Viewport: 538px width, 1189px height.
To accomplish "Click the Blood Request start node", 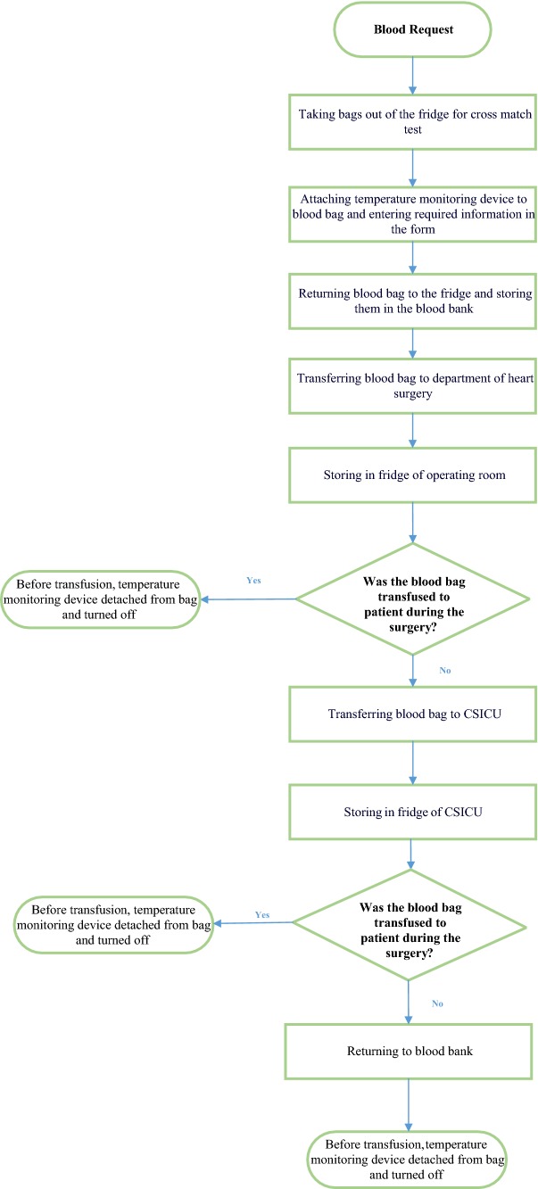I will click(413, 29).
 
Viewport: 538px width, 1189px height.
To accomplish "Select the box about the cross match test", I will click(413, 123).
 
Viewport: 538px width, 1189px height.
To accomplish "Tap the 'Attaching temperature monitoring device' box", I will click(413, 213).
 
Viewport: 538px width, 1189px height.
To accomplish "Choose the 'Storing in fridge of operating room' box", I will click(413, 475).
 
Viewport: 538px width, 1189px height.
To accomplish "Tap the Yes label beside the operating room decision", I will click(254, 580).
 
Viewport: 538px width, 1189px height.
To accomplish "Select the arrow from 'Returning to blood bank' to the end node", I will click(410, 1102).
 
